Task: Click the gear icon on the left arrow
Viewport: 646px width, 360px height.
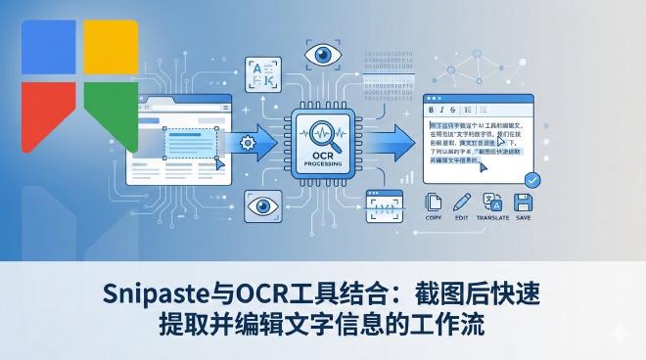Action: click(x=248, y=143)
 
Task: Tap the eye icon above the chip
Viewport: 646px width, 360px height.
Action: click(x=324, y=54)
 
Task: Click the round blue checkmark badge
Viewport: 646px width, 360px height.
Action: click(x=531, y=180)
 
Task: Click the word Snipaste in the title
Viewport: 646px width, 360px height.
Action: click(x=152, y=292)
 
